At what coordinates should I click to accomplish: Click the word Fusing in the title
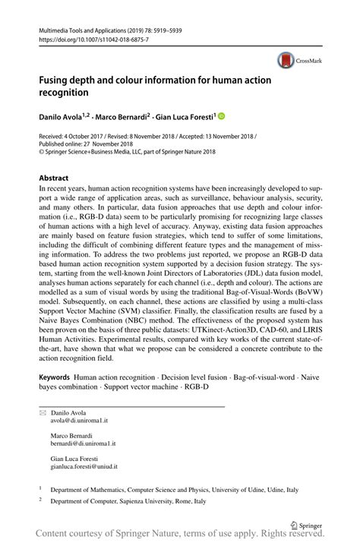(x=55, y=78)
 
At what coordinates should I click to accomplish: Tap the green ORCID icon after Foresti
(x=222, y=116)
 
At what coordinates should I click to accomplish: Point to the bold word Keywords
(x=55, y=377)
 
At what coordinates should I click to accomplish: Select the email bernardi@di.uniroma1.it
(x=84, y=443)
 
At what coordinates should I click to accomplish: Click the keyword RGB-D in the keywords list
(x=194, y=387)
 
